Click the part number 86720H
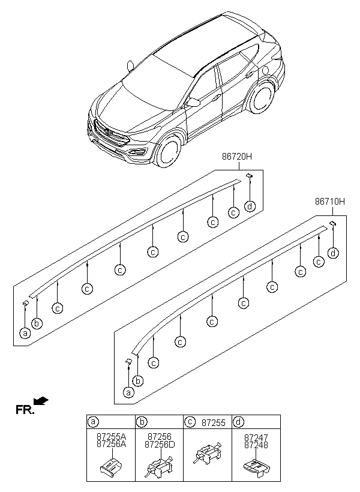pyautogui.click(x=238, y=157)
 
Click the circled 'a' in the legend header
pyautogui.click(x=93, y=422)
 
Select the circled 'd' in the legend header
pyautogui.click(x=239, y=422)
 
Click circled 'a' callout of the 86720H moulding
pyautogui.click(x=25, y=333)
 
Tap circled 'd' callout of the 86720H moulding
pyautogui.click(x=250, y=207)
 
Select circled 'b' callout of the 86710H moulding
pyautogui.click(x=139, y=381)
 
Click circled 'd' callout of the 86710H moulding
pyautogui.click(x=333, y=253)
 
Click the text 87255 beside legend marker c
pyautogui.click(x=213, y=422)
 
